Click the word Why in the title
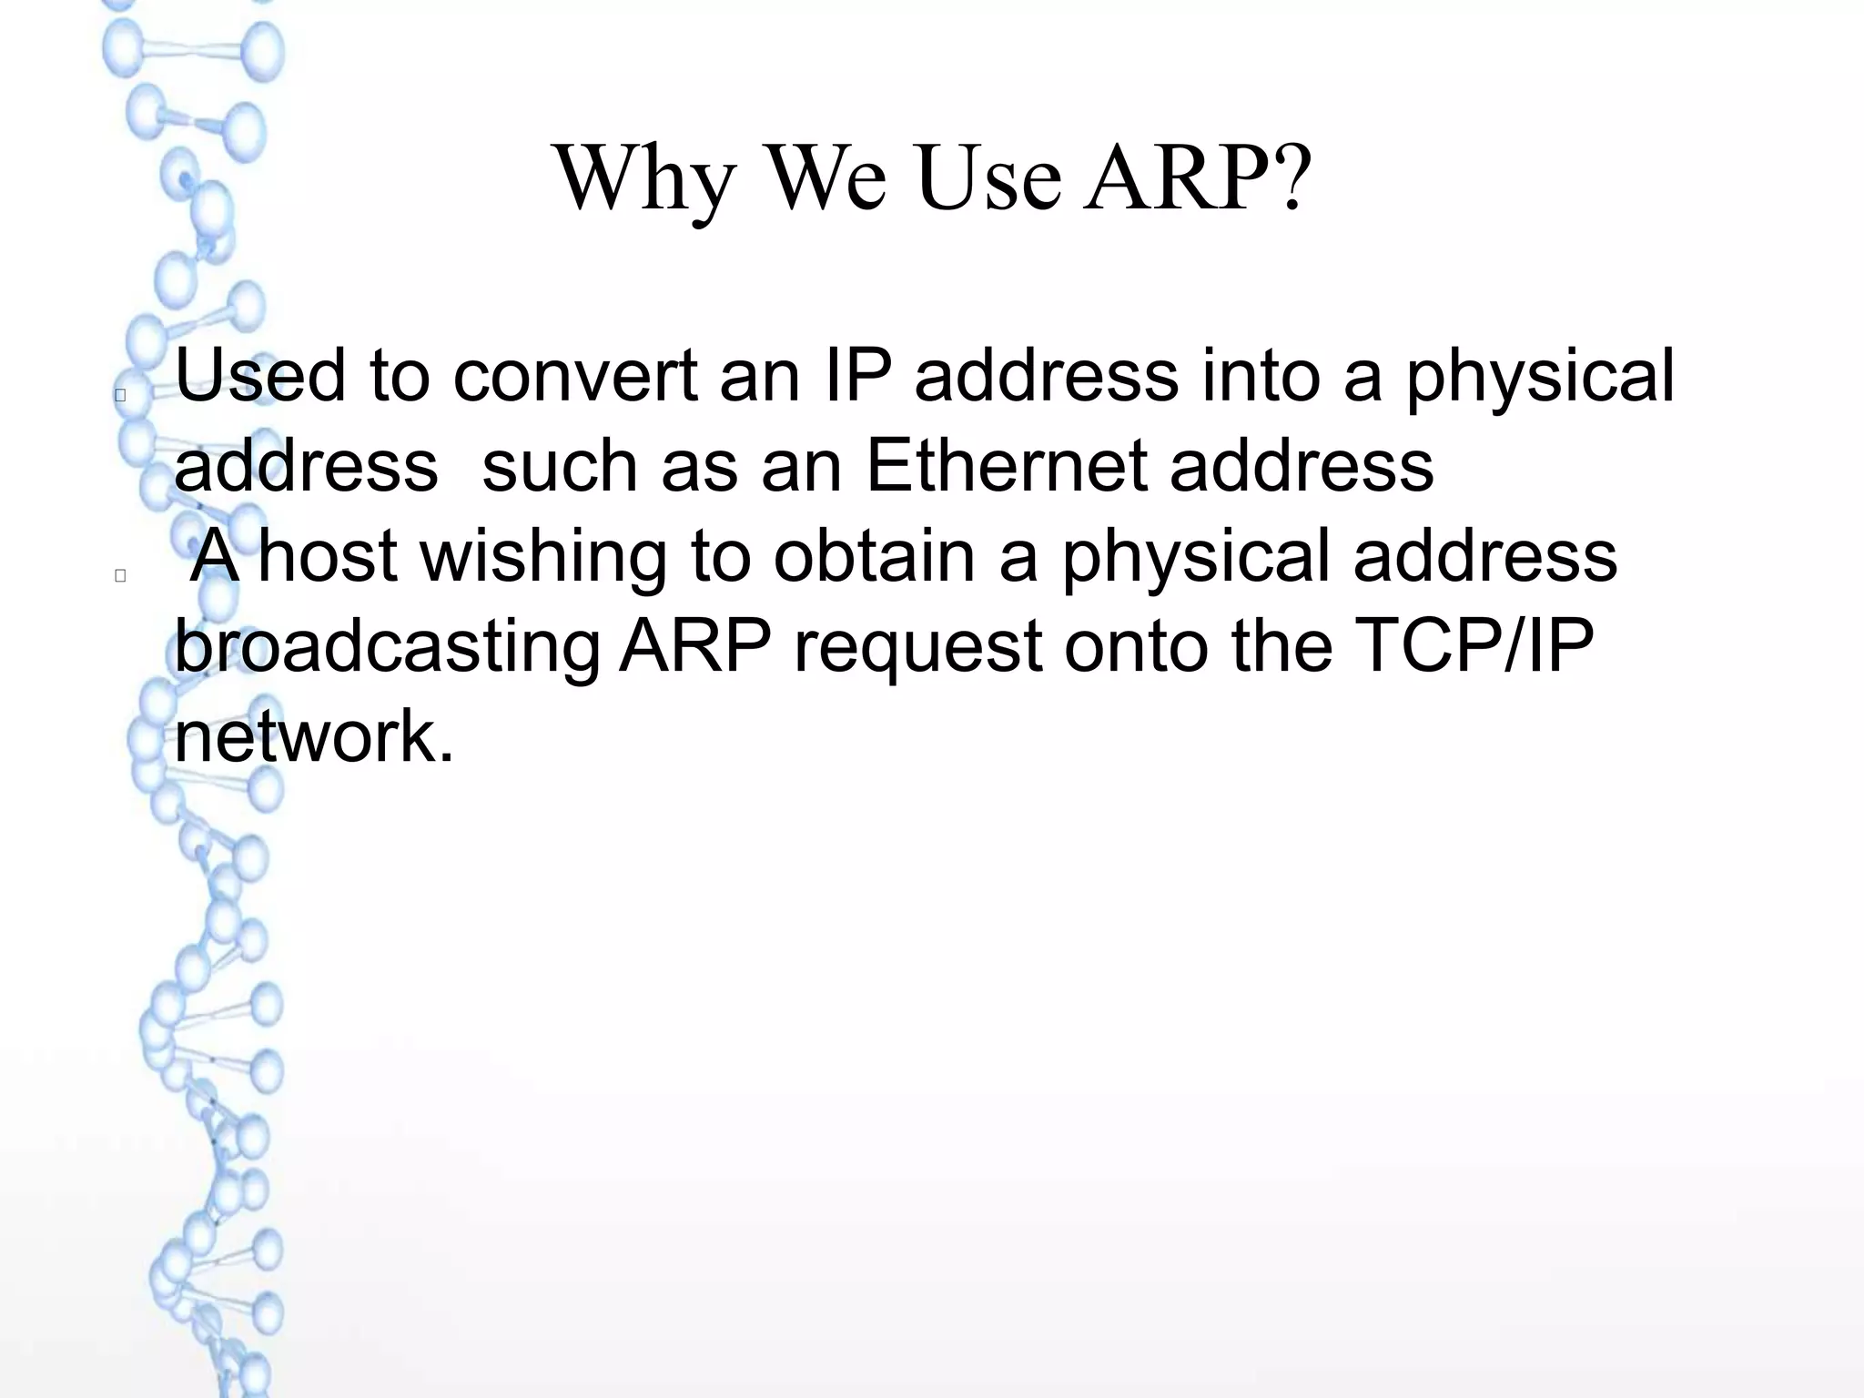pyautogui.click(x=644, y=180)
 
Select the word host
pyautogui.click(x=328, y=555)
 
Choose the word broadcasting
pyautogui.click(x=387, y=648)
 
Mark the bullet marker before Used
pyautogui.click(x=120, y=396)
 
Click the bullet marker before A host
pyautogui.click(x=120, y=575)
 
